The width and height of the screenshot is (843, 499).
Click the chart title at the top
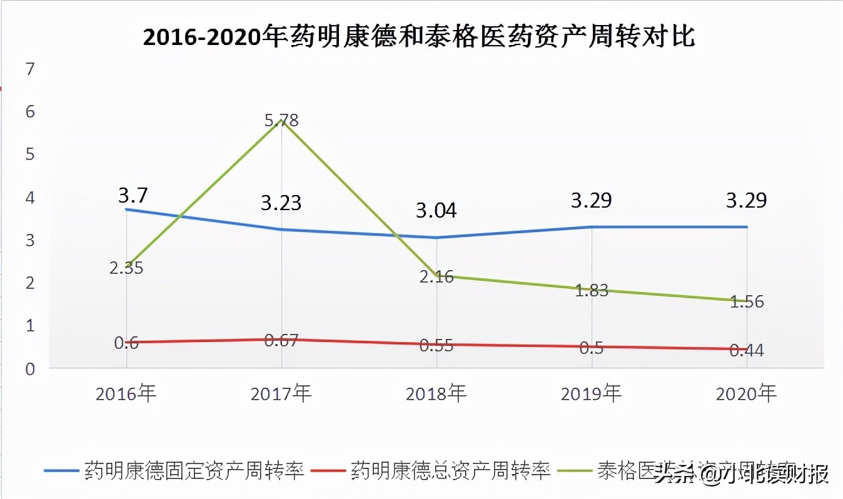(x=419, y=38)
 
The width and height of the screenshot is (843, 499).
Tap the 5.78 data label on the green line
(x=281, y=120)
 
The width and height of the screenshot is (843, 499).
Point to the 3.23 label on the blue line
(x=281, y=203)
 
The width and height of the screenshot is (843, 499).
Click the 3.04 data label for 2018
(x=436, y=210)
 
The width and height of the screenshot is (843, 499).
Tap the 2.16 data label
(x=436, y=277)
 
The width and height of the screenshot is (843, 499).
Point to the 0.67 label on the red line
(x=281, y=341)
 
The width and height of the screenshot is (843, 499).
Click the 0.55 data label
(x=436, y=345)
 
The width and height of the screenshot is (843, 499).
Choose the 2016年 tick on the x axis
(x=126, y=394)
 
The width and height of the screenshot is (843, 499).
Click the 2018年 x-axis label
(x=436, y=394)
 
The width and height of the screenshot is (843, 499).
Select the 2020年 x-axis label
(x=745, y=394)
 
